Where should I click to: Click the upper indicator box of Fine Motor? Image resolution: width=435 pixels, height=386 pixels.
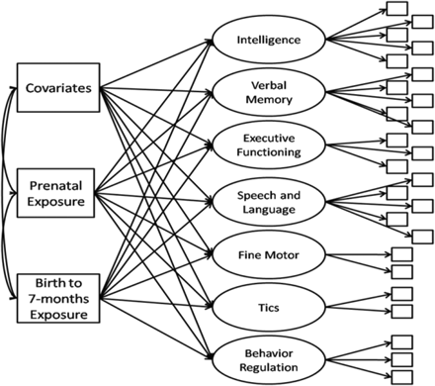pos(403,252)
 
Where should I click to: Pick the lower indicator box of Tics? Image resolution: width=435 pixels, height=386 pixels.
pos(403,311)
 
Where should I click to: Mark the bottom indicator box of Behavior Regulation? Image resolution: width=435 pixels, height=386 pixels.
pos(403,376)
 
